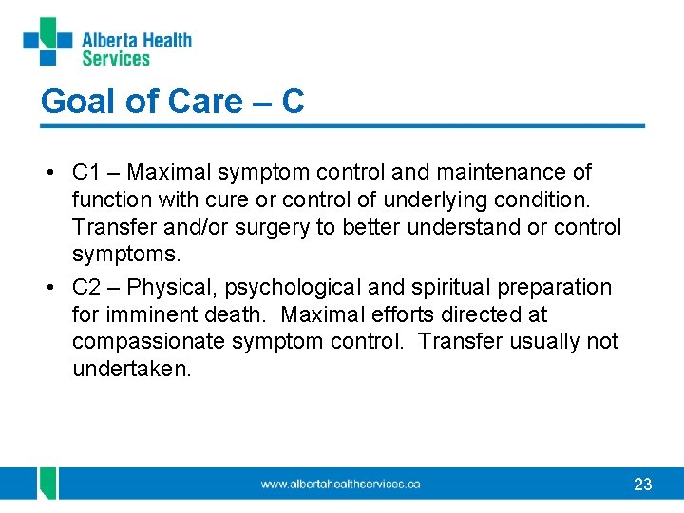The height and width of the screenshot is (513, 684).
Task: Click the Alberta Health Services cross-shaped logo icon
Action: click(x=47, y=43)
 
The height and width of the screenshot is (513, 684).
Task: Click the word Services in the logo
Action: click(x=116, y=59)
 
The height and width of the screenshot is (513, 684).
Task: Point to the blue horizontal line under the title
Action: click(x=342, y=125)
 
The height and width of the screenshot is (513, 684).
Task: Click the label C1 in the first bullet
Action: click(x=86, y=173)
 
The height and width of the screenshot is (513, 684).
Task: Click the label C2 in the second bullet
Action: click(x=86, y=287)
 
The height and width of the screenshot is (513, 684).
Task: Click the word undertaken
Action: click(x=131, y=369)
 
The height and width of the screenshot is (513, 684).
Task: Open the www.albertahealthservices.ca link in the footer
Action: click(x=340, y=484)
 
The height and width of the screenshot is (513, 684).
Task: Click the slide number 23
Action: click(x=642, y=484)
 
